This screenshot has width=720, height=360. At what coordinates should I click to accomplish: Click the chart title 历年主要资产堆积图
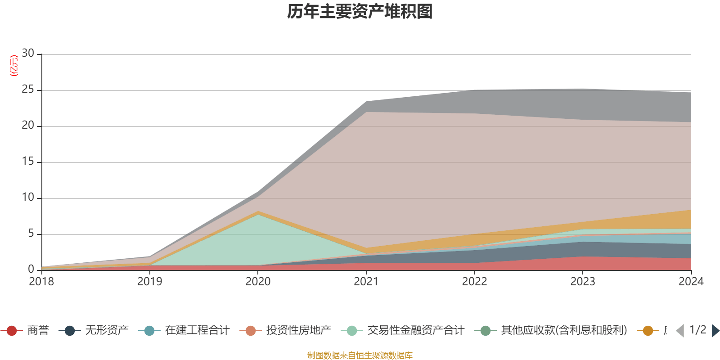[x=360, y=12]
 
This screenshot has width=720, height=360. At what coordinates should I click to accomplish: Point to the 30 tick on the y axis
[x=28, y=54]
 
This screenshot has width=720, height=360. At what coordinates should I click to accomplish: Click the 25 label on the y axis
[x=28, y=90]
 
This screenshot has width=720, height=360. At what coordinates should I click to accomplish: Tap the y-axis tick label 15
[x=28, y=162]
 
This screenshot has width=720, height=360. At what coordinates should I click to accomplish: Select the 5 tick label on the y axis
[x=31, y=234]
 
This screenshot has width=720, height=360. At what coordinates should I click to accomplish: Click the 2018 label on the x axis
[x=41, y=282]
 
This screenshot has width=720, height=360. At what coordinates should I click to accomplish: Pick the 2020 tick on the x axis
[x=258, y=282]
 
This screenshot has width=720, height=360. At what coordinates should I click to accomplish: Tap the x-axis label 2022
[x=474, y=282]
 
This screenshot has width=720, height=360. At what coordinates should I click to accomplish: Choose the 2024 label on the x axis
[x=691, y=282]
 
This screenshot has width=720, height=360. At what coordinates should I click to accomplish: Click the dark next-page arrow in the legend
[x=715, y=331]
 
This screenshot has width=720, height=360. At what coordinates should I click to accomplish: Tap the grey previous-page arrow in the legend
[x=680, y=331]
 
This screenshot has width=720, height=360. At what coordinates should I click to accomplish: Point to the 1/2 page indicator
[x=697, y=330]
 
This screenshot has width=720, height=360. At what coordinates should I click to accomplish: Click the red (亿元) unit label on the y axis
[x=14, y=66]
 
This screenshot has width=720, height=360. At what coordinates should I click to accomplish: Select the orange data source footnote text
[x=360, y=355]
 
